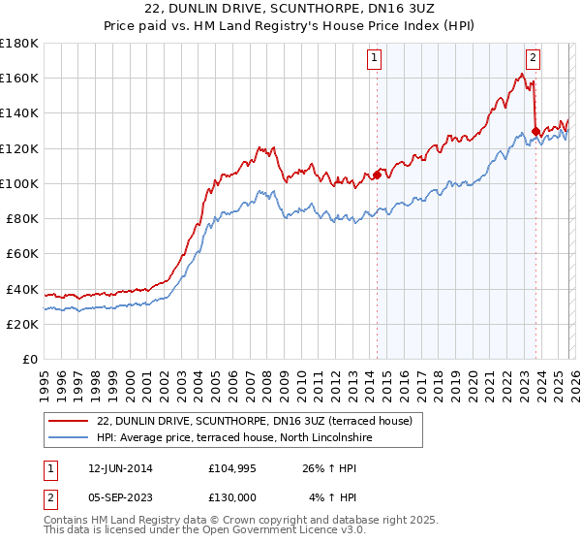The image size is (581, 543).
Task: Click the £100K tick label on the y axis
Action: [x=19, y=183]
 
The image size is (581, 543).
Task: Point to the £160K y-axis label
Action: [x=19, y=78]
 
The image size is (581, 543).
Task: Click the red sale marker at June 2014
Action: [x=377, y=175]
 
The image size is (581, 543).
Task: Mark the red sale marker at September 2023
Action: [x=535, y=130]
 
